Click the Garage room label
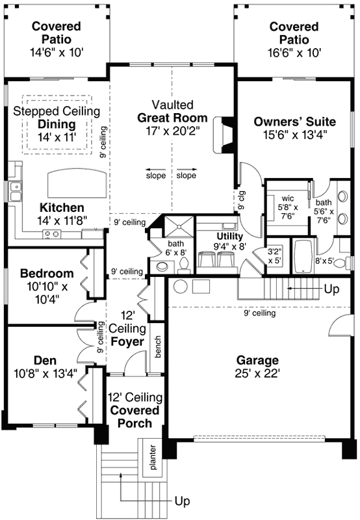(x=257, y=360)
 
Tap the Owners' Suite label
(x=294, y=122)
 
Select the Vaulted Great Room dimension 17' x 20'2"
(x=172, y=131)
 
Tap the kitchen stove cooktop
(x=51, y=234)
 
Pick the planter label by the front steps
(x=153, y=457)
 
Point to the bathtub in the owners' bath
(x=303, y=257)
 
